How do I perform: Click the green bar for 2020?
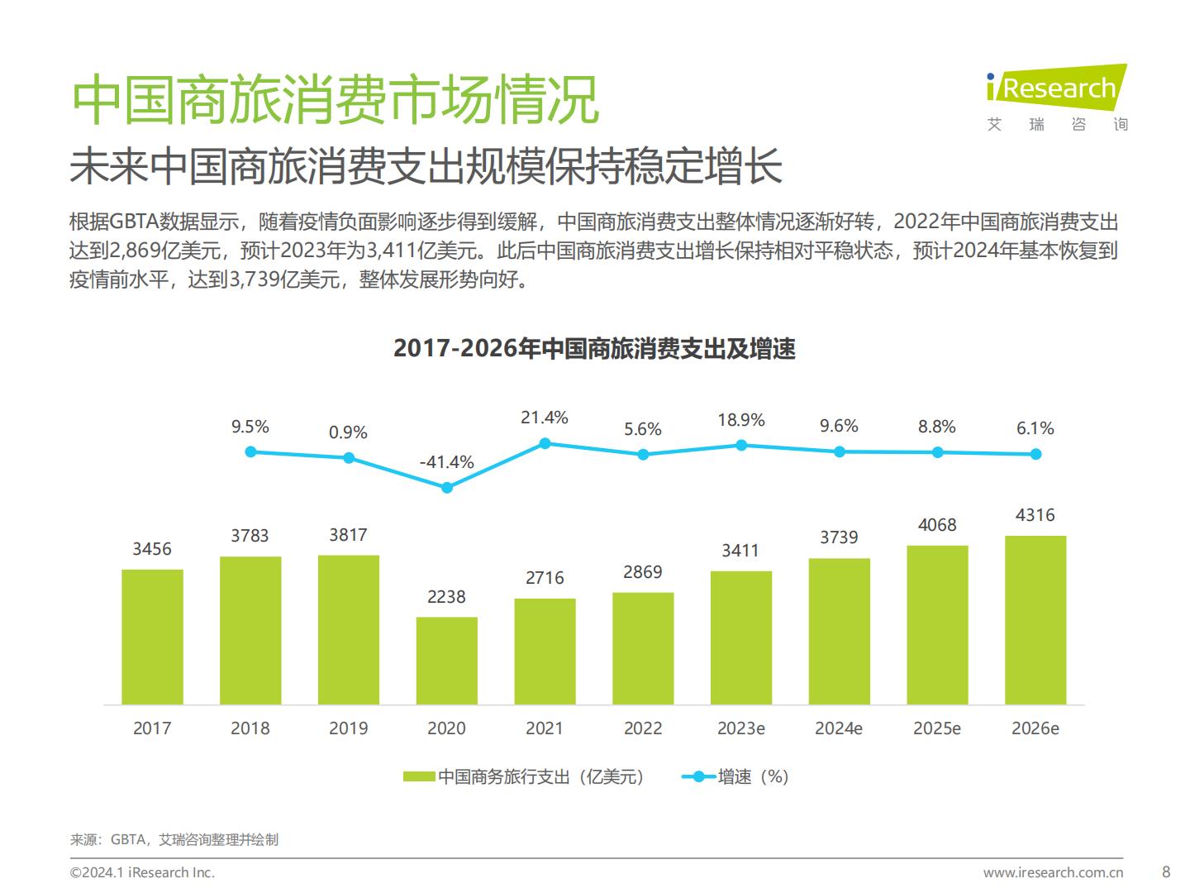446,661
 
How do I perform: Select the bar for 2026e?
1035,620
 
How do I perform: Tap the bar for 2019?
348,629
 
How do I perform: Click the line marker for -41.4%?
447,488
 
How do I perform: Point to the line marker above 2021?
545,444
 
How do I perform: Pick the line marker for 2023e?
741,446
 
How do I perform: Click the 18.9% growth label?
740,420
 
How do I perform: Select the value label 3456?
152,549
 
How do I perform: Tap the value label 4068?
937,525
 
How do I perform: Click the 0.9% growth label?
348,432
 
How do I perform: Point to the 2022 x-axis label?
643,728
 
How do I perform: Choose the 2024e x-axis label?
839,728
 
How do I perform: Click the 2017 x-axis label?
152,728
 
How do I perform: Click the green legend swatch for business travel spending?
419,776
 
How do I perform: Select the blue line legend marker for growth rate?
698,776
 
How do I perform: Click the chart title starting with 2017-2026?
594,349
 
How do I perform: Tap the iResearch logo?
1057,98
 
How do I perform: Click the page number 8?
1166,872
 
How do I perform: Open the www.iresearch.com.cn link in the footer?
1053,872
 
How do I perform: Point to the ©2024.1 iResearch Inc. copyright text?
142,872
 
